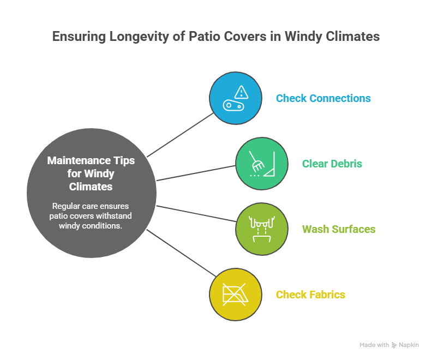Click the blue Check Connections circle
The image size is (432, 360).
point(236,99)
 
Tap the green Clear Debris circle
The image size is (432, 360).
point(262,164)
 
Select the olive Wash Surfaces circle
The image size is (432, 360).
point(262,229)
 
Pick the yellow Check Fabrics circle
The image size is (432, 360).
point(236,295)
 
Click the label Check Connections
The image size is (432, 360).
point(323,99)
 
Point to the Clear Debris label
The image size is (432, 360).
point(332,164)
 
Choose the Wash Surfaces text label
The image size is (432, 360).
point(339,229)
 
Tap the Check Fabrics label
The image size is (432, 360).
point(310,295)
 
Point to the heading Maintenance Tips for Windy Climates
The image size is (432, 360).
point(91,174)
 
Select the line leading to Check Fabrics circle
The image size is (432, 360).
point(180,253)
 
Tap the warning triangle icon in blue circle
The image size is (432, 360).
point(241,92)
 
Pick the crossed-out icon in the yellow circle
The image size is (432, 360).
point(236,295)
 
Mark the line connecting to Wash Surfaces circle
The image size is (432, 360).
point(196,214)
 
